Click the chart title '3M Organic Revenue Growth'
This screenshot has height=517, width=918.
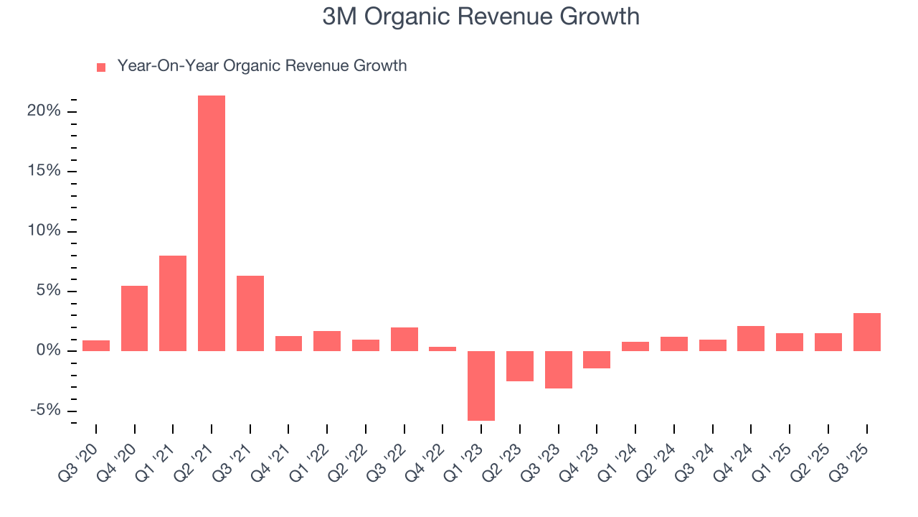pyautogui.click(x=481, y=17)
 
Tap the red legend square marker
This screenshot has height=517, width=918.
pyautogui.click(x=101, y=67)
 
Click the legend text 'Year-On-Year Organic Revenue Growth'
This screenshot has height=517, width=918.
pyautogui.click(x=262, y=66)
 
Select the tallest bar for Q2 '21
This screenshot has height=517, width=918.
pyautogui.click(x=212, y=223)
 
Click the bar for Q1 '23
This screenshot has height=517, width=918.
pyautogui.click(x=481, y=386)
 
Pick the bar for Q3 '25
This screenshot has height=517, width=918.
pyautogui.click(x=866, y=332)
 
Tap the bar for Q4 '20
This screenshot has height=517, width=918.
pyautogui.click(x=135, y=318)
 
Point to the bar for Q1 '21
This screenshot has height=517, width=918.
pyautogui.click(x=173, y=303)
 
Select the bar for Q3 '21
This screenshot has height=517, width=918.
pyautogui.click(x=250, y=313)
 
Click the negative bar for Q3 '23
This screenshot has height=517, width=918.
pyautogui.click(x=559, y=370)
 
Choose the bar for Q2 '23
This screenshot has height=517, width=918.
pyautogui.click(x=520, y=366)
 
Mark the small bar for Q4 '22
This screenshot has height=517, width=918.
pyautogui.click(x=443, y=349)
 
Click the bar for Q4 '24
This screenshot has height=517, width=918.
pyautogui.click(x=751, y=338)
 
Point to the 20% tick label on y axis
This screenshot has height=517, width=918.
pyautogui.click(x=44, y=111)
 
